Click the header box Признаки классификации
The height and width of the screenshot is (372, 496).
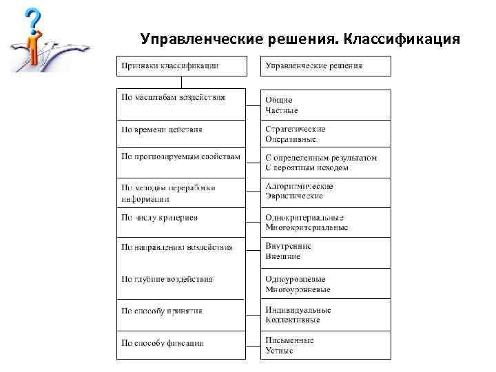[x=180, y=66]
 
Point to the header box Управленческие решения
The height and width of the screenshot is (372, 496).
[x=325, y=66]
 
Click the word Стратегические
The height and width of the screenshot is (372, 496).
[x=296, y=129]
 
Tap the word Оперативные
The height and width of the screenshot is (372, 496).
[x=291, y=139]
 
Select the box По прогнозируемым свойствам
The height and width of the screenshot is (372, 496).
[x=180, y=157]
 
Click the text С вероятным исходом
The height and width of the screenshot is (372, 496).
[x=307, y=167]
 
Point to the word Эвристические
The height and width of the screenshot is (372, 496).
[x=294, y=196]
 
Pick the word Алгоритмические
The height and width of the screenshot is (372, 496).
[x=299, y=186]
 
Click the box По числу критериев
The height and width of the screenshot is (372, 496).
[x=180, y=218]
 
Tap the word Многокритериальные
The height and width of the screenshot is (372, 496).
[x=307, y=228]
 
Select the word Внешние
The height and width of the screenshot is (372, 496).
[x=282, y=256]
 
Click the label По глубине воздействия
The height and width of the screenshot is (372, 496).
[x=167, y=279]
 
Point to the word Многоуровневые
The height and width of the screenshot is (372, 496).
[x=296, y=289]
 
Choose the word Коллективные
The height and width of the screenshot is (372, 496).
[x=293, y=320]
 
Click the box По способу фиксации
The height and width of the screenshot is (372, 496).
[x=180, y=343]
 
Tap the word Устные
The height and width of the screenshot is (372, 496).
[x=279, y=351]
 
